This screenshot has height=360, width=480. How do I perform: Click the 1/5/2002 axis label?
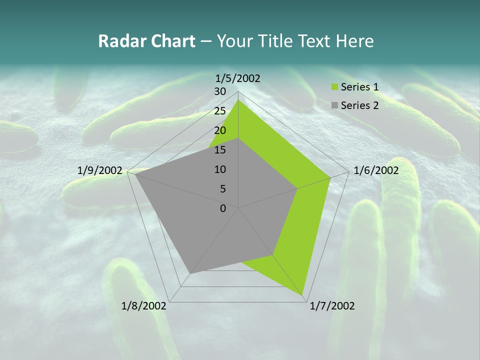(x=238, y=78)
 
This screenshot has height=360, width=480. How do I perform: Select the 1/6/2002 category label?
(x=376, y=170)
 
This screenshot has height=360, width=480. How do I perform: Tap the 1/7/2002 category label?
(x=332, y=306)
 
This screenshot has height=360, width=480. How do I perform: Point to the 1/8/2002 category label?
(x=144, y=306)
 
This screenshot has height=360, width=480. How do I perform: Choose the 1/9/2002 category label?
(x=100, y=170)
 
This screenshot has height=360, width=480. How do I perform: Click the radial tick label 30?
(x=219, y=91)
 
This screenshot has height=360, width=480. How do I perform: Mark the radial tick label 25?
(x=219, y=111)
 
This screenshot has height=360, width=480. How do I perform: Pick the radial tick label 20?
(x=219, y=130)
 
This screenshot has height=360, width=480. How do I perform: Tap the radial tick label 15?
(x=219, y=150)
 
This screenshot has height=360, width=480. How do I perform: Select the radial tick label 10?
(x=219, y=169)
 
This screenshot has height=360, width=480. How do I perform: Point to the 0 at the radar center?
(x=223, y=208)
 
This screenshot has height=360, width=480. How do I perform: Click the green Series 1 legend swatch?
(x=334, y=87)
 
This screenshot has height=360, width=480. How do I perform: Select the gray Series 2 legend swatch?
(x=334, y=105)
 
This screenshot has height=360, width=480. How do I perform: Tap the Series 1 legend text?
(x=359, y=87)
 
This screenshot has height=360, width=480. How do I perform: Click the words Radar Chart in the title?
(x=146, y=41)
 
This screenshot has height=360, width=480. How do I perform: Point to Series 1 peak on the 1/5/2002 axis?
(x=238, y=100)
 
